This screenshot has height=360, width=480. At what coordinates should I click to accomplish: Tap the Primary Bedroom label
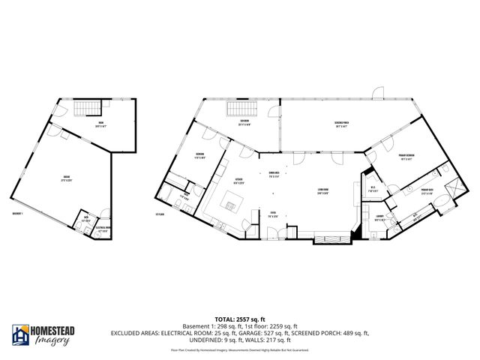click(x=409, y=157)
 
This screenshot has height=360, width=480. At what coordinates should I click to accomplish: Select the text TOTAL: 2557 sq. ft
click(x=240, y=318)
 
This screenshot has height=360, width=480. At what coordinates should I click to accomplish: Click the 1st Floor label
click(x=158, y=214)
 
